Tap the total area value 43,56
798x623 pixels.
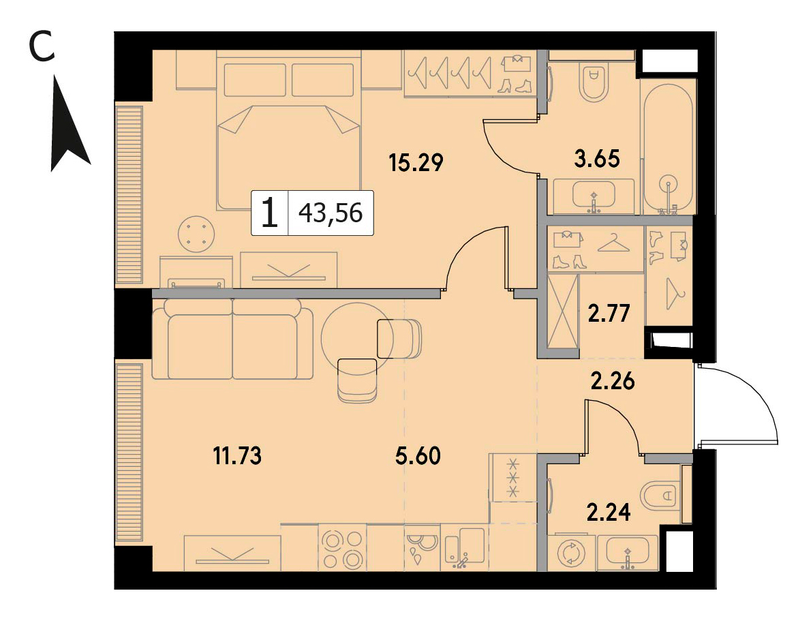pyautogui.click(x=331, y=213)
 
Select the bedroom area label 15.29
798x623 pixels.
pyautogui.click(x=416, y=162)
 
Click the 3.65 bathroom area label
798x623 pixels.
pyautogui.click(x=597, y=159)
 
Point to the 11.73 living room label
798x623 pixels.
pyautogui.click(x=237, y=455)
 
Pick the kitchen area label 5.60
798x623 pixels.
pyautogui.click(x=418, y=455)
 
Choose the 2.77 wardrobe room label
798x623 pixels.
pyautogui.click(x=609, y=314)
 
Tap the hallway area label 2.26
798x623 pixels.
pyautogui.click(x=613, y=381)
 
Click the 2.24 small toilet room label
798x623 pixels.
pyautogui.click(x=609, y=512)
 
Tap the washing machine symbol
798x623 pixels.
pyautogui.click(x=572, y=553)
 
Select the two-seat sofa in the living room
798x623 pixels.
pyautogui.click(x=232, y=339)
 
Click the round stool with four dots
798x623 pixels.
pyautogui.click(x=196, y=234)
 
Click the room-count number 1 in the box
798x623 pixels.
pyautogui.click(x=270, y=213)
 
